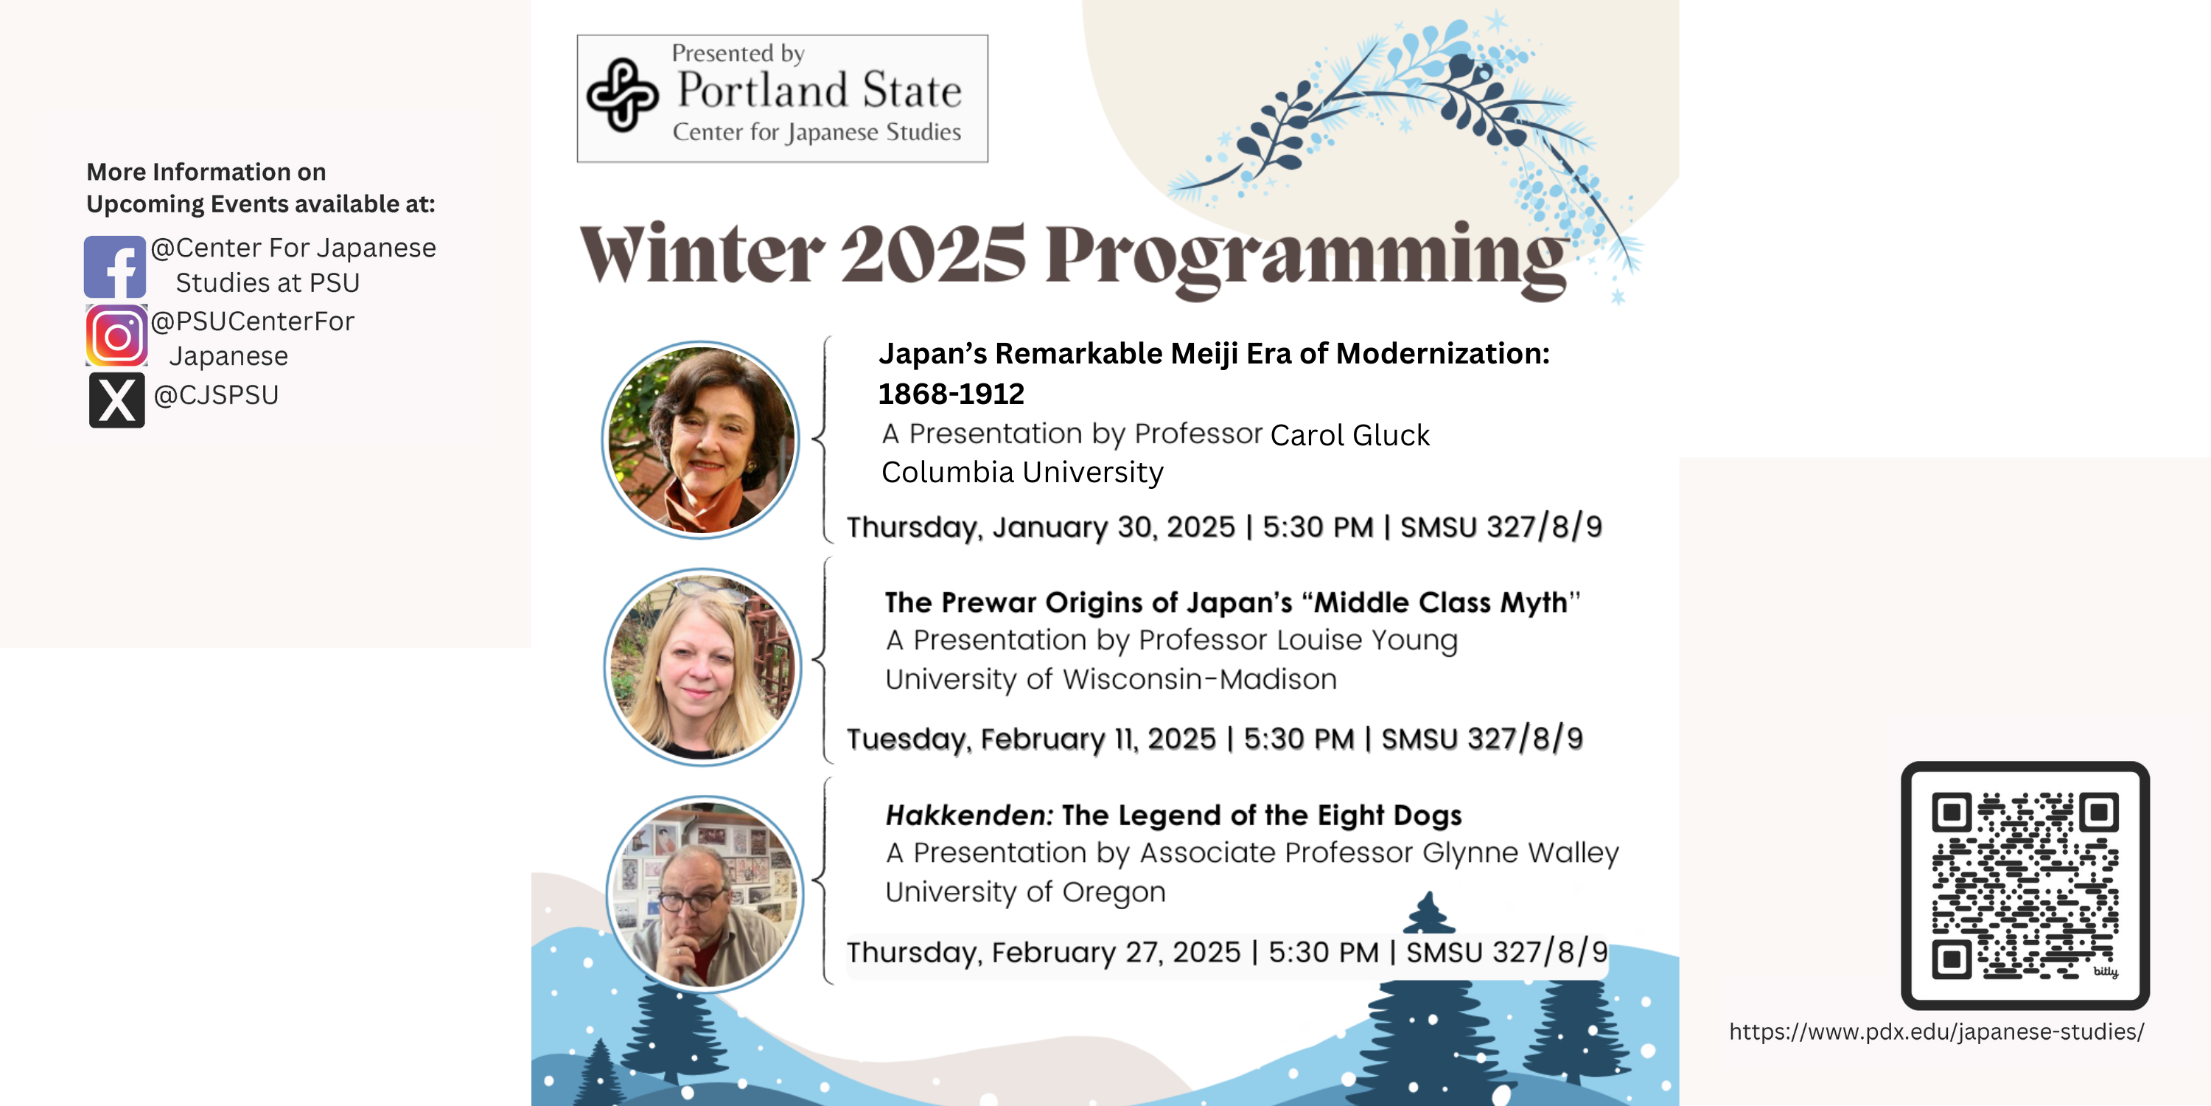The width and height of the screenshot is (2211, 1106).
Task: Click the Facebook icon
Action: click(115, 267)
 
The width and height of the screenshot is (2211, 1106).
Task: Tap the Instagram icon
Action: click(116, 335)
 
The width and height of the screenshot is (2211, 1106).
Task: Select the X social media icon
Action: click(116, 400)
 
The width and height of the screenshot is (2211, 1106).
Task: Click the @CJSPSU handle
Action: click(216, 395)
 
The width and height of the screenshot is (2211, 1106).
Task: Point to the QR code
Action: click(2025, 886)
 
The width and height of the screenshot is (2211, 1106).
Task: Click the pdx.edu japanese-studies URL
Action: click(1936, 1032)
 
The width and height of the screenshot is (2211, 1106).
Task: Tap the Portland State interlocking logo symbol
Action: click(623, 95)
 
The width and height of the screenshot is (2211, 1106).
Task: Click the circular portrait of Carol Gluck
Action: click(701, 439)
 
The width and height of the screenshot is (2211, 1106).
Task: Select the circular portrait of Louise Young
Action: click(703, 667)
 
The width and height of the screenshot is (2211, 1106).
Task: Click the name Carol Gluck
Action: click(1350, 435)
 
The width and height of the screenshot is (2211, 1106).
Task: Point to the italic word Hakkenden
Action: click(969, 815)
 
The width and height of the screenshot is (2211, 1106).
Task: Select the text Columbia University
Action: click(1022, 473)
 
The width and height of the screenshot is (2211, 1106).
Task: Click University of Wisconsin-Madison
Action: click(1111, 679)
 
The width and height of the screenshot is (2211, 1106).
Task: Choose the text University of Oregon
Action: click(1026, 892)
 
